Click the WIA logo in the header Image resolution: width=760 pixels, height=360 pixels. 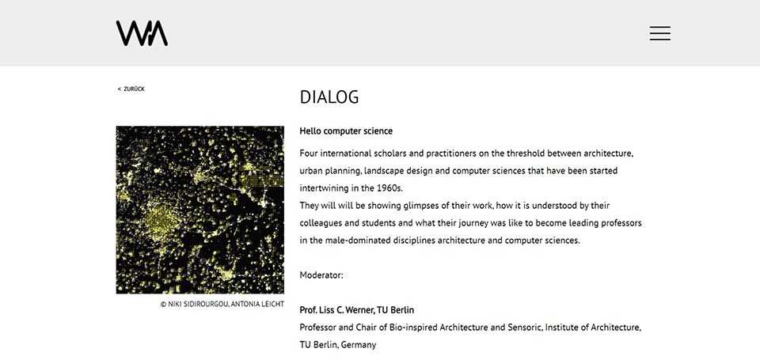pyautogui.click(x=142, y=33)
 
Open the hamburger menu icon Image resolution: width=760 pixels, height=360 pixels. pyautogui.click(x=659, y=33)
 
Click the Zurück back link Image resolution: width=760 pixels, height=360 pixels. pyautogui.click(x=131, y=89)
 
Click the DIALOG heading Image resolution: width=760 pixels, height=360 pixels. pyautogui.click(x=329, y=97)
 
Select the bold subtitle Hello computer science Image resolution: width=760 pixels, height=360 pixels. pyautogui.click(x=346, y=131)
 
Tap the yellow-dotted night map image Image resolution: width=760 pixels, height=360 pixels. pyautogui.click(x=199, y=210)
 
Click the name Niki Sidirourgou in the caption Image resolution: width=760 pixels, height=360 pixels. pyautogui.click(x=197, y=304)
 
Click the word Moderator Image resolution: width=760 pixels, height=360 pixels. pyautogui.click(x=321, y=275)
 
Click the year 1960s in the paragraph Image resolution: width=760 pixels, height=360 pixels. pyautogui.click(x=387, y=188)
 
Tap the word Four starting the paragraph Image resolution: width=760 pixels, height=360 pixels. pyautogui.click(x=310, y=153)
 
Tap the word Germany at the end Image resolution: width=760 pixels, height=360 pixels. pyautogui.click(x=359, y=345)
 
